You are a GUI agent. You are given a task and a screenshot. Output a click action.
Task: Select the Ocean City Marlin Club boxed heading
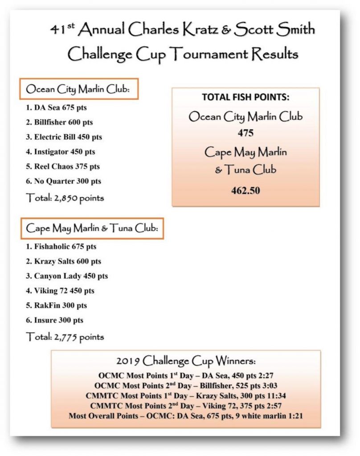click(78, 89)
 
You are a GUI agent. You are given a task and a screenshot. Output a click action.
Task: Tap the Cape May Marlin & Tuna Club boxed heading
click(92, 228)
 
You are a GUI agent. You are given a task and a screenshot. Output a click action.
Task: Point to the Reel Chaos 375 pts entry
click(62, 167)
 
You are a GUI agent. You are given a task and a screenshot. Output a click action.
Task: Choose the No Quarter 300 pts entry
click(63, 181)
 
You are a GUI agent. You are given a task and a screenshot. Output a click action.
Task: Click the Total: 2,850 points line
click(65, 198)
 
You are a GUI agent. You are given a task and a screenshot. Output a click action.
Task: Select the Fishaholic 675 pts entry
click(61, 246)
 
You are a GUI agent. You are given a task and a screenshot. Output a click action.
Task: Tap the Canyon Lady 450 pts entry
click(67, 276)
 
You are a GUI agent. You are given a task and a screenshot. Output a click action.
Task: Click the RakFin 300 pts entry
click(57, 305)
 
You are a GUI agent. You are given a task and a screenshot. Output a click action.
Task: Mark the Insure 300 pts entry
click(55, 320)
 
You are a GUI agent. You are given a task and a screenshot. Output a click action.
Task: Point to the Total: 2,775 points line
click(65, 337)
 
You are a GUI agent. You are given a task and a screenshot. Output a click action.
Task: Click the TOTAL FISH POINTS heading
click(245, 97)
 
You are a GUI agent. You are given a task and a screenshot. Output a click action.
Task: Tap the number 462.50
click(245, 191)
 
